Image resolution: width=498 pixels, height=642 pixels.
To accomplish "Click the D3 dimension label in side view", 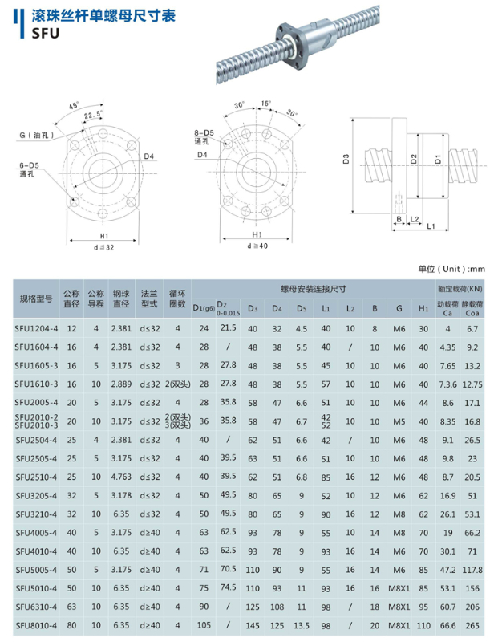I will (x=346, y=160).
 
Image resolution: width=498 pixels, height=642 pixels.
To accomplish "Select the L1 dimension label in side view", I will (x=430, y=227).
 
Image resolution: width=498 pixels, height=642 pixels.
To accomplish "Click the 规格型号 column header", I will (x=35, y=298).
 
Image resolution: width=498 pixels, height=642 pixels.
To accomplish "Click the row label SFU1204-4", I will (x=35, y=328).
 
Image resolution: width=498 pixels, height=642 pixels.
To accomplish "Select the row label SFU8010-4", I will (x=35, y=624).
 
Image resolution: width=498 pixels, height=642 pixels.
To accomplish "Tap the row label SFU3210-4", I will (x=35, y=513).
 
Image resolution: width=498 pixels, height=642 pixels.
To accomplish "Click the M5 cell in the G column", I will (x=399, y=421).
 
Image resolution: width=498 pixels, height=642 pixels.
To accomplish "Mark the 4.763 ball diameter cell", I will (x=121, y=477).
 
